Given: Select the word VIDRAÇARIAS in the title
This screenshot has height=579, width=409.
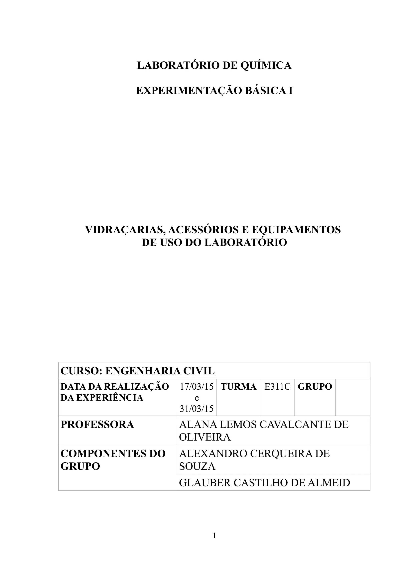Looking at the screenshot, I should pyautogui.click(x=124, y=230).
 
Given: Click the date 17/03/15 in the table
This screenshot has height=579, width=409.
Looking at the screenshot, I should pyautogui.click(x=197, y=387).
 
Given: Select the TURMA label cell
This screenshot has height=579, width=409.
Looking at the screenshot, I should pyautogui.click(x=238, y=387).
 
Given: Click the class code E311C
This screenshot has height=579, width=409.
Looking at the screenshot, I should pyautogui.click(x=277, y=387).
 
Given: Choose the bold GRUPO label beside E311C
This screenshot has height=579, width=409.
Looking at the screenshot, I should pyautogui.click(x=315, y=387).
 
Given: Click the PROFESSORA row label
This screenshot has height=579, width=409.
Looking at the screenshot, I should pyautogui.click(x=97, y=425).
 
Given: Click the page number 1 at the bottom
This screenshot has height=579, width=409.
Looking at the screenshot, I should pyautogui.click(x=214, y=541).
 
